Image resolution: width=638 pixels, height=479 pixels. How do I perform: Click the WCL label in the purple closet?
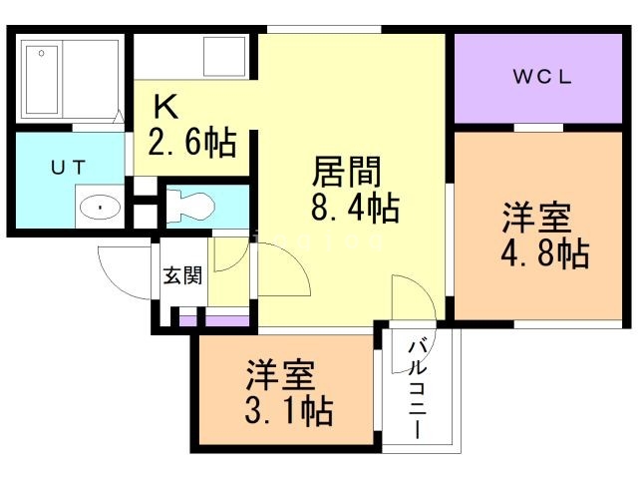click(x=542, y=79)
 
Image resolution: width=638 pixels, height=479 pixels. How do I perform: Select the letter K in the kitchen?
click(x=165, y=106)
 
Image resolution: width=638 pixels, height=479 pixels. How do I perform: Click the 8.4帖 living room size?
click(x=355, y=209)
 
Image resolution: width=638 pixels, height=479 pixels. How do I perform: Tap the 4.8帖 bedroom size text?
click(x=543, y=253)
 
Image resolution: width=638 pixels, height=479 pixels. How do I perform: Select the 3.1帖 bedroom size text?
click(x=290, y=410)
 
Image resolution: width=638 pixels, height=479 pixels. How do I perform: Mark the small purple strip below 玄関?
click(x=215, y=321)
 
